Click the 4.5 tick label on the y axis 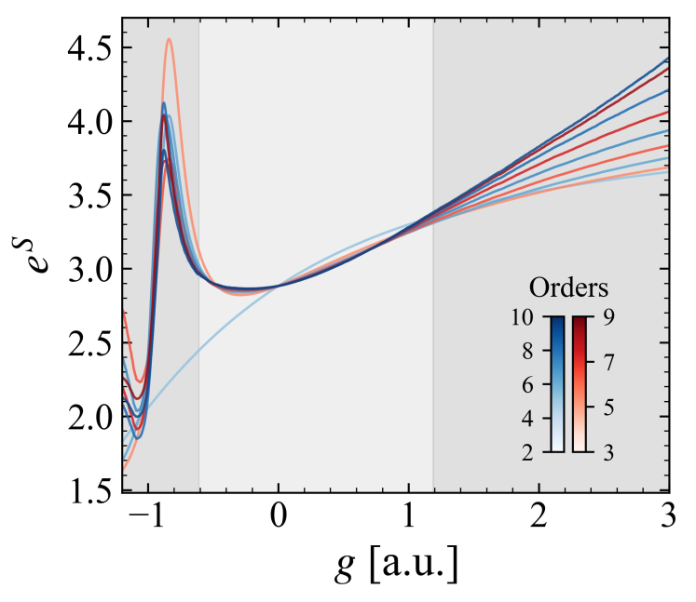click(x=89, y=47)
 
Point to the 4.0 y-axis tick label click(x=89, y=122)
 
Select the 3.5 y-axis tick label click(x=89, y=195)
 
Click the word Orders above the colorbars click(x=568, y=285)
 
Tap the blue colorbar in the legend click(x=557, y=383)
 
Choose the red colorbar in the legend click(x=580, y=383)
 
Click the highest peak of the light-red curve click(x=169, y=39)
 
